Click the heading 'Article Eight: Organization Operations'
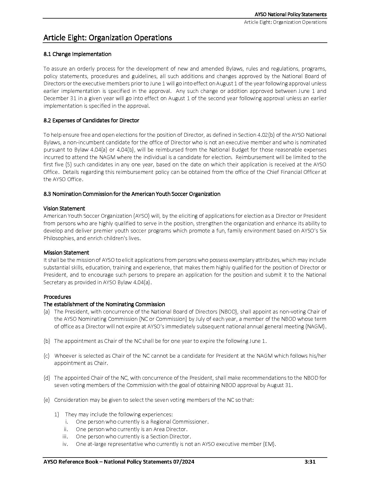(107, 38)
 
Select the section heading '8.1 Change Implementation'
(77, 54)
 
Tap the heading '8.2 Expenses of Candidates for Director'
(91, 120)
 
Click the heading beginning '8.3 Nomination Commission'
(132, 194)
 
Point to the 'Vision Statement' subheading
(64, 208)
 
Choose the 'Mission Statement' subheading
(66, 253)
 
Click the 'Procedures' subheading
(57, 297)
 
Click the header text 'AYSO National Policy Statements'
(290, 15)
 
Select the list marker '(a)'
(46, 312)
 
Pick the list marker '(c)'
(46, 356)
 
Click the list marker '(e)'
(46, 400)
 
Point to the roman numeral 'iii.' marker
(65, 437)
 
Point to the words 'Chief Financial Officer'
(291, 172)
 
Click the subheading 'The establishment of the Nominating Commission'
(104, 304)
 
